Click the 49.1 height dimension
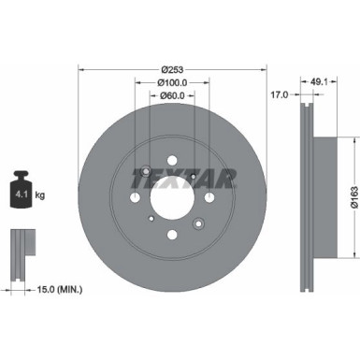(319, 80)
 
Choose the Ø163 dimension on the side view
(353, 195)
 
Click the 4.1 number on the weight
(18, 194)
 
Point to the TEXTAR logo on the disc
(172, 174)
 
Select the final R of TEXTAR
(206, 174)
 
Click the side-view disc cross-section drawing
(308, 196)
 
